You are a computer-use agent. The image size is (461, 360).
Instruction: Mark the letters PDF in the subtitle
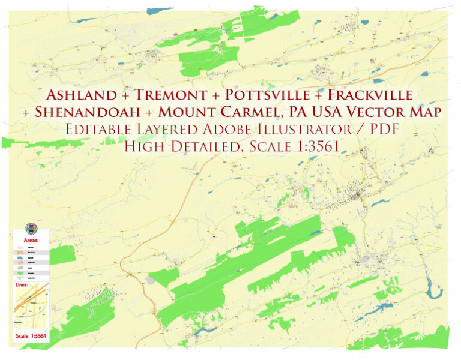381,130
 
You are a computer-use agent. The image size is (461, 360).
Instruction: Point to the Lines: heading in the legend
23,284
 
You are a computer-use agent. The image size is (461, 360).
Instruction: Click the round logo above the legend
32,228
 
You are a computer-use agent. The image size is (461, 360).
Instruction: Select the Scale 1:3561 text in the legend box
31,336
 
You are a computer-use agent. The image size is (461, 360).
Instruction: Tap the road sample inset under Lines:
30,309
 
